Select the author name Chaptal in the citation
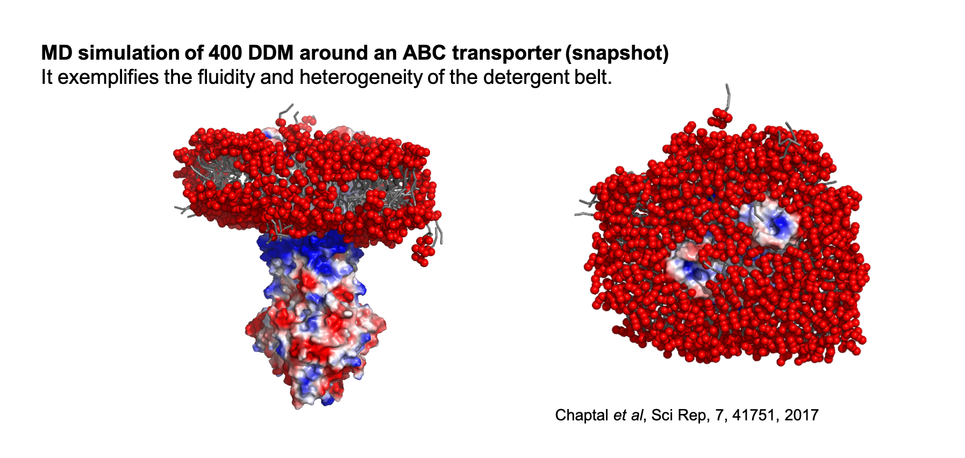(x=582, y=416)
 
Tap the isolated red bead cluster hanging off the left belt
(x=423, y=251)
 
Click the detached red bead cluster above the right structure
(x=719, y=117)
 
